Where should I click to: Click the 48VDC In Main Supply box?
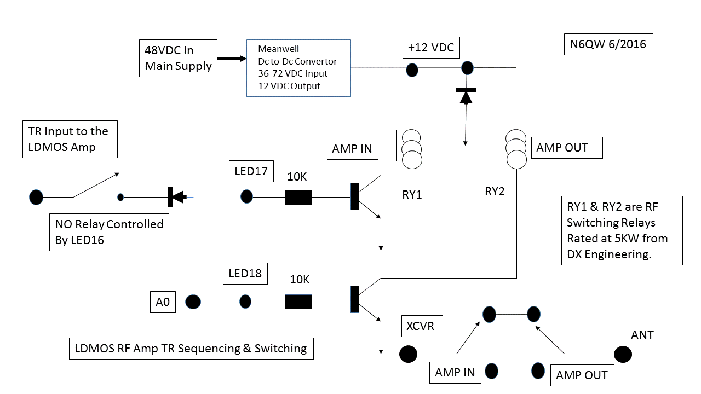click(178, 58)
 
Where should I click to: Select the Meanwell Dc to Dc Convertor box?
click(298, 68)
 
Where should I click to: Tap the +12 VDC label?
click(431, 48)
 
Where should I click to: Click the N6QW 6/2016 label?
click(608, 44)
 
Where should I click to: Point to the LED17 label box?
click(250, 172)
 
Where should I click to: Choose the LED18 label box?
click(245, 273)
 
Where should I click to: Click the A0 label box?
click(163, 302)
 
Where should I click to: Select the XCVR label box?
click(421, 326)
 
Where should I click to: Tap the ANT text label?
click(642, 334)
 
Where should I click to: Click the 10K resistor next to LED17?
click(298, 197)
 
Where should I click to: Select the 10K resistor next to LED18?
click(298, 302)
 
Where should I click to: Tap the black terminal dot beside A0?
click(193, 302)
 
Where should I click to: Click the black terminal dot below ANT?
click(623, 355)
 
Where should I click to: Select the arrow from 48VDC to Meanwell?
click(231, 58)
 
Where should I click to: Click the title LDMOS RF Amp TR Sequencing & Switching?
click(191, 349)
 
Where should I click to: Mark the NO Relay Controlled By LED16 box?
click(109, 232)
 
